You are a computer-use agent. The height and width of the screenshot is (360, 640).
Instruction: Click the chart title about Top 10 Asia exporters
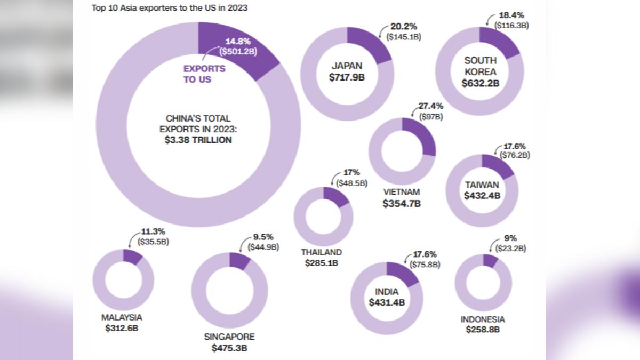click(x=170, y=7)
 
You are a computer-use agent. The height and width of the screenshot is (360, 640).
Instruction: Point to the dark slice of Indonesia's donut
click(x=490, y=260)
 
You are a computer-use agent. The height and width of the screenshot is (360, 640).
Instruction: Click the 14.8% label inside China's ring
click(x=238, y=42)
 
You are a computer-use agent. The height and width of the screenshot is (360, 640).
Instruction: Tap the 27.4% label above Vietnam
click(x=431, y=106)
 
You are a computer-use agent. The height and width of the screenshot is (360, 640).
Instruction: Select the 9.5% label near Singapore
click(x=263, y=237)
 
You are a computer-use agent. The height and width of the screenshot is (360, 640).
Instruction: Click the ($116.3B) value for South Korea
click(x=511, y=26)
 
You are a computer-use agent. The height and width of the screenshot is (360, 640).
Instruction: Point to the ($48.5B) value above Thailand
click(x=351, y=183)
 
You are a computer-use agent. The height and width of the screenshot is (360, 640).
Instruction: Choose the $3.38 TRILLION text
click(x=198, y=140)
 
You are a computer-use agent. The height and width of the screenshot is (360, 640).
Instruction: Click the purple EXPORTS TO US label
click(x=204, y=74)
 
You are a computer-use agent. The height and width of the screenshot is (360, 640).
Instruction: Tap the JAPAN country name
click(x=347, y=66)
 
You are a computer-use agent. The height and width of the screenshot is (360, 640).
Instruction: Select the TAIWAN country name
click(x=482, y=185)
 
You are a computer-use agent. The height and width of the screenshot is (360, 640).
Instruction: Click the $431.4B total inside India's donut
click(x=387, y=302)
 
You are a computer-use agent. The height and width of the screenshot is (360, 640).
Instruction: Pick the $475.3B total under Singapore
click(x=229, y=348)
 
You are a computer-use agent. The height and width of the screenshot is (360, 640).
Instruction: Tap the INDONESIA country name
click(x=483, y=319)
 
